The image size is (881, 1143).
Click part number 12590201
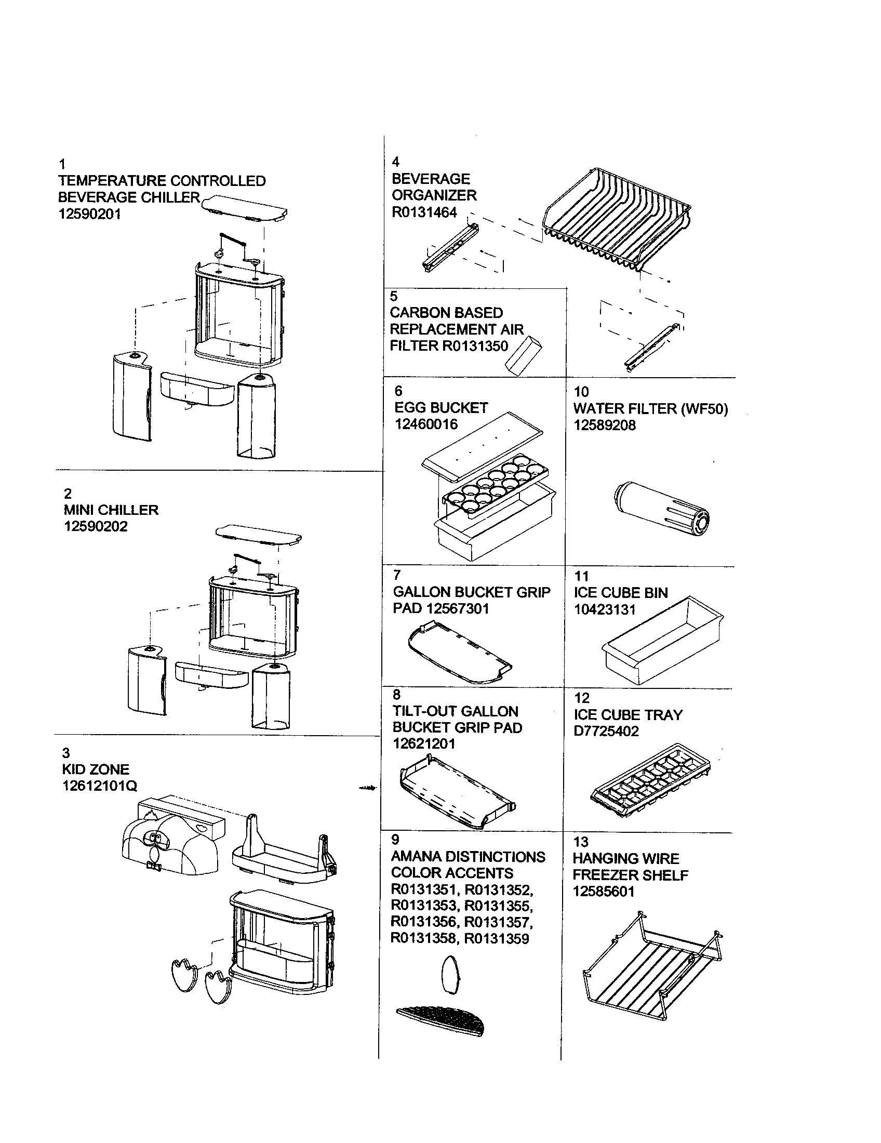(89, 214)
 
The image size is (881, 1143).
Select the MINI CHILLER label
(111, 510)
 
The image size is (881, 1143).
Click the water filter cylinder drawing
(662, 510)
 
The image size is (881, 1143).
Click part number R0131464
(424, 212)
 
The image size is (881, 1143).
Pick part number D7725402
(606, 731)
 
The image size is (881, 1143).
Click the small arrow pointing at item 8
(368, 788)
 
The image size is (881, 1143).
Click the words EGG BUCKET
(441, 408)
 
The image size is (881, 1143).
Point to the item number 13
(581, 842)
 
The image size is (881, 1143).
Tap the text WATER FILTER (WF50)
(650, 409)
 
